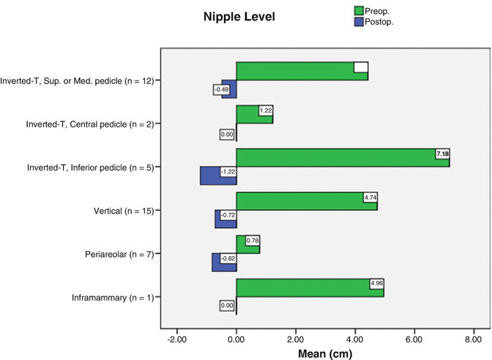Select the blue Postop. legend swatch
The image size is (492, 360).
pyautogui.click(x=359, y=22)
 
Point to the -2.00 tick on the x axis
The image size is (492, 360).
pyautogui.click(x=176, y=340)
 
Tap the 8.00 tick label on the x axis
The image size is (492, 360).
pyautogui.click(x=473, y=340)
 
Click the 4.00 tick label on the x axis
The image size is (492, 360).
pyautogui.click(x=354, y=340)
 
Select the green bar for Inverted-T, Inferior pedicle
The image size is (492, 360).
pyautogui.click(x=343, y=157)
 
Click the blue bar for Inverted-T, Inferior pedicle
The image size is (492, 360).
pyautogui.click(x=218, y=176)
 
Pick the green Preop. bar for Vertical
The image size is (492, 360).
pyautogui.click(x=307, y=201)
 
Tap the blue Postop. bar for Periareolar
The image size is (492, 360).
pyautogui.click(x=224, y=262)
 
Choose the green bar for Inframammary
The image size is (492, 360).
pyautogui.click(x=310, y=288)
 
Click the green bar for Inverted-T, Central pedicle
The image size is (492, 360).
pyautogui.click(x=254, y=114)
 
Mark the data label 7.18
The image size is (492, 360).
pyautogui.click(x=442, y=154)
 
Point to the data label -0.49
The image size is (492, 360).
pyautogui.click(x=221, y=89)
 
